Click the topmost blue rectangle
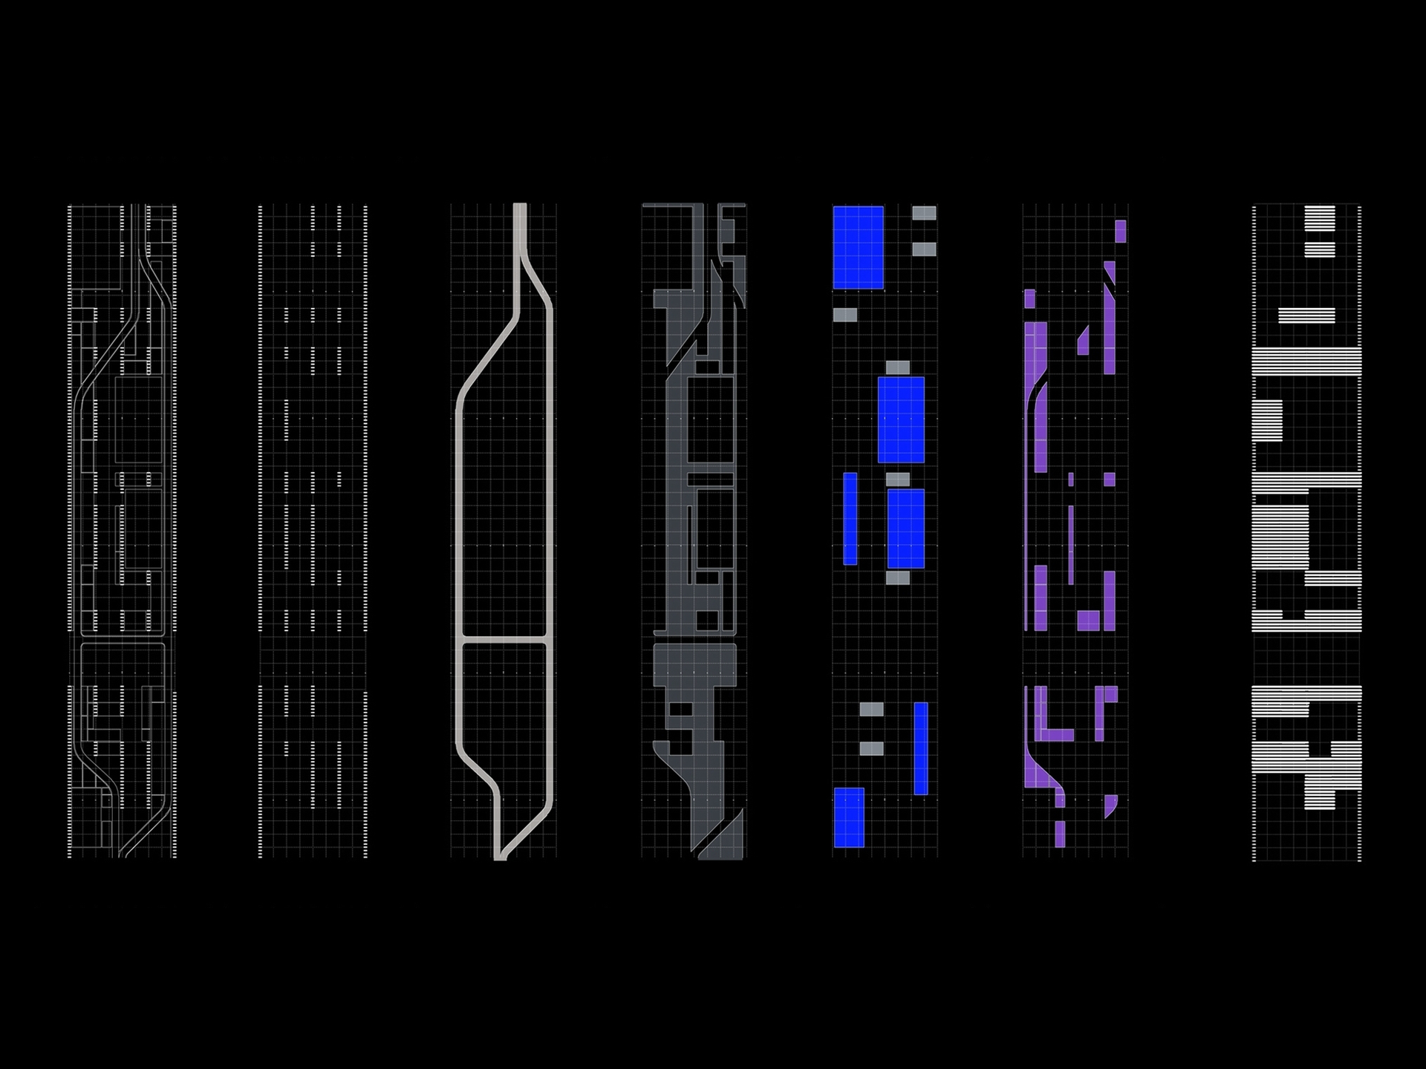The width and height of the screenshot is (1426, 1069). (x=858, y=247)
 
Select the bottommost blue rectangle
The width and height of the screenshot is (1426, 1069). (x=849, y=817)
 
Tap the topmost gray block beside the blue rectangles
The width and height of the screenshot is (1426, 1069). (x=924, y=214)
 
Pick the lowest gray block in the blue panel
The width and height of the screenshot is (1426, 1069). (x=872, y=748)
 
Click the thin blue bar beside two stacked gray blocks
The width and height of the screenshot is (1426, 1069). (x=921, y=748)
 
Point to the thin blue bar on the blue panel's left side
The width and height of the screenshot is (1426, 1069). (x=850, y=518)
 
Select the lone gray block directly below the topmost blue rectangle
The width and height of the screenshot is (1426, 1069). (x=844, y=315)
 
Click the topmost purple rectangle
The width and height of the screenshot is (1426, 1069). (x=1120, y=231)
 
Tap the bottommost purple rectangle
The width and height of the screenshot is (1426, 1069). (x=1060, y=834)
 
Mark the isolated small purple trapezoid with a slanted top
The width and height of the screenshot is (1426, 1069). (x=1083, y=341)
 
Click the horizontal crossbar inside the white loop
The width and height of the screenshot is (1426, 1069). (x=504, y=639)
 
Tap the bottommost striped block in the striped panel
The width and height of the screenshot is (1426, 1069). (x=1320, y=799)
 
